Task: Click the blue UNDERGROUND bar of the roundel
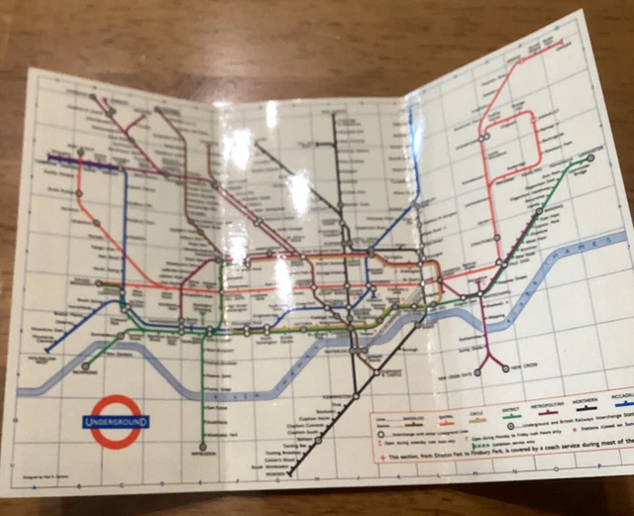click(117, 421)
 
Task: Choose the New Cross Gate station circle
click(478, 372)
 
